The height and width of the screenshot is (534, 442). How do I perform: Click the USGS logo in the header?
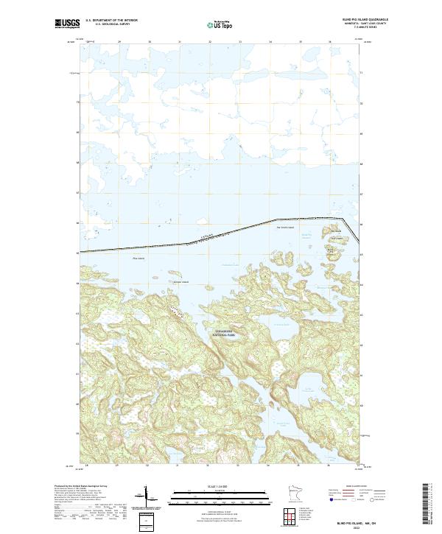point(67,24)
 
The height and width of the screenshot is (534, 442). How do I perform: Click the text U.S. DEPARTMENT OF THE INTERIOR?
point(111,21)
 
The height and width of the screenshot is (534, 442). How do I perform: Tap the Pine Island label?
point(137,259)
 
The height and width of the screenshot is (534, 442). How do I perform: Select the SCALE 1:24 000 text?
point(220,486)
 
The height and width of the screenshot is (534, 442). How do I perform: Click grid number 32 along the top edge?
point(209,42)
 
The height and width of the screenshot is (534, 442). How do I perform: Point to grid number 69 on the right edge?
point(360,134)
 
